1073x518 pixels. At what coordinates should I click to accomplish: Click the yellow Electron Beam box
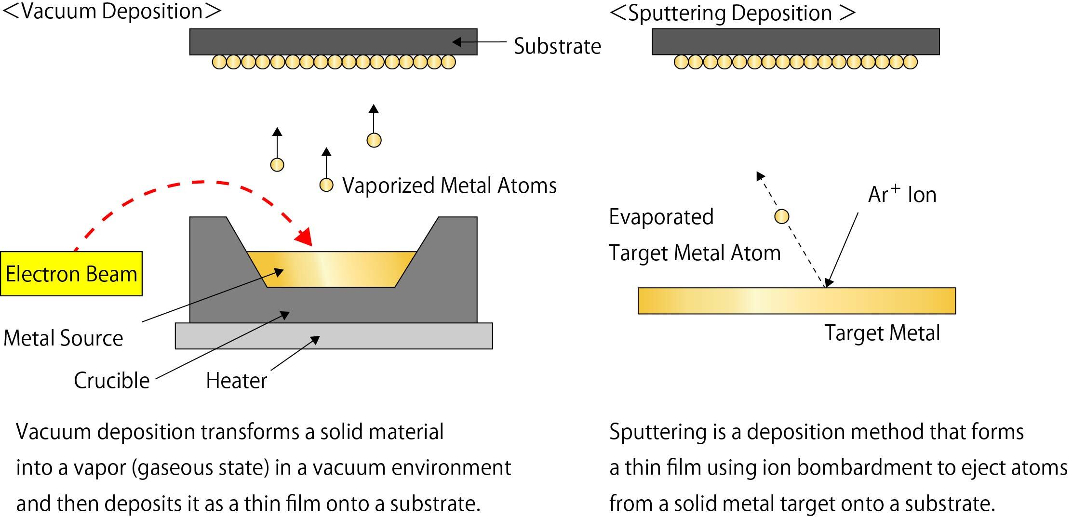71,273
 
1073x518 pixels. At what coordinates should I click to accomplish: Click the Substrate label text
557,46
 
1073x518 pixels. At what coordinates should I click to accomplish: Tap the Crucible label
111,381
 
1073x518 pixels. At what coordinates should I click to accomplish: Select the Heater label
236,381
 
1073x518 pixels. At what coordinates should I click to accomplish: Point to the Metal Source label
63,338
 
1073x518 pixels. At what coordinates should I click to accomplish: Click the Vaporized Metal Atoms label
449,186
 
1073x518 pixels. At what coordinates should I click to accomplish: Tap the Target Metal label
882,333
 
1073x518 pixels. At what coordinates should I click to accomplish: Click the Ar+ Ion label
902,195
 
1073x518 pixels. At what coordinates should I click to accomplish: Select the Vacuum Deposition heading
112,12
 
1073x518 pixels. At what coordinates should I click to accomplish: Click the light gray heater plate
334,336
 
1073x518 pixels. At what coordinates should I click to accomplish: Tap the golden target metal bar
796,301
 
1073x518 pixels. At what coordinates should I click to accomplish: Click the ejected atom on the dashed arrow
781,217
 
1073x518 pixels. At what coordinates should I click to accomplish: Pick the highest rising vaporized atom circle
374,140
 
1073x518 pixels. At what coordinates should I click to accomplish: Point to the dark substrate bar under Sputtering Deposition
795,41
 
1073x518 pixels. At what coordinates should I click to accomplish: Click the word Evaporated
661,217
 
